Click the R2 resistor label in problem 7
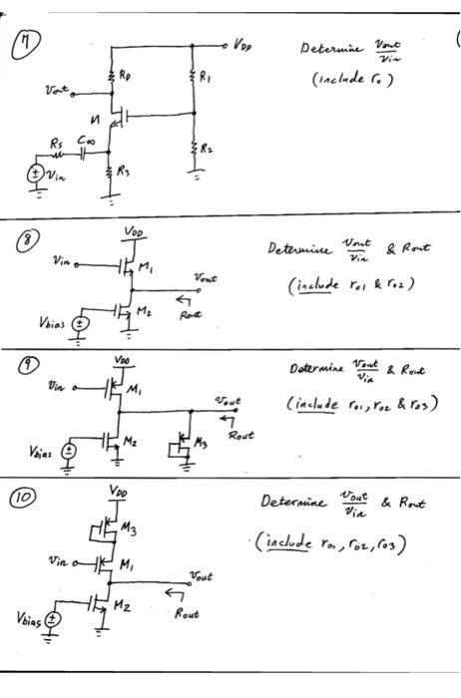point(205,147)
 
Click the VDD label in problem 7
point(243,45)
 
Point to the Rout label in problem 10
point(187,615)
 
